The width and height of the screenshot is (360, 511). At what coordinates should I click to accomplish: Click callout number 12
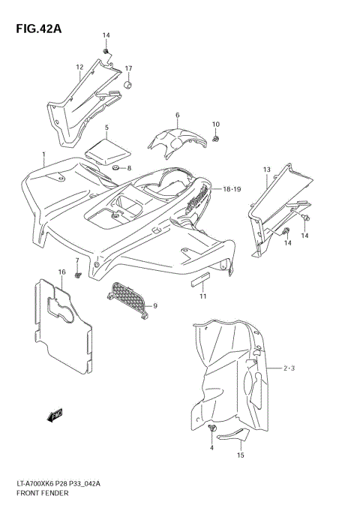tap(79, 68)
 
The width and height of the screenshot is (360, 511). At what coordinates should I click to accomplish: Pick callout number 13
tap(266, 170)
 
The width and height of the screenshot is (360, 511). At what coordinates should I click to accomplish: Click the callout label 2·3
tap(290, 368)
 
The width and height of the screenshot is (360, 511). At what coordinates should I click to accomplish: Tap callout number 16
tap(62, 271)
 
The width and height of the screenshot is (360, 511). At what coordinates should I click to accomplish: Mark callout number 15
tap(240, 455)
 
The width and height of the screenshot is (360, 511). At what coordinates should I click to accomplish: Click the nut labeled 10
tap(215, 139)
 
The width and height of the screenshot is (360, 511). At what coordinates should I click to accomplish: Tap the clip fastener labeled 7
tap(78, 277)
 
